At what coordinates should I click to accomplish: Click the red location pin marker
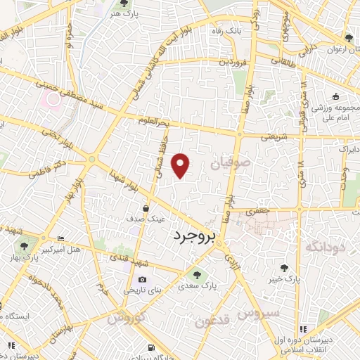point(181,165)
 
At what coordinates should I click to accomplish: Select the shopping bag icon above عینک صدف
point(146,209)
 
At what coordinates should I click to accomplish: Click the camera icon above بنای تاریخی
point(142,280)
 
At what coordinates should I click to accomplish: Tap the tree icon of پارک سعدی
point(196,275)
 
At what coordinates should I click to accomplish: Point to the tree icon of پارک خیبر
point(283,267)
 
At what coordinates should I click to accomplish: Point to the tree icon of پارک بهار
point(25,245)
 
